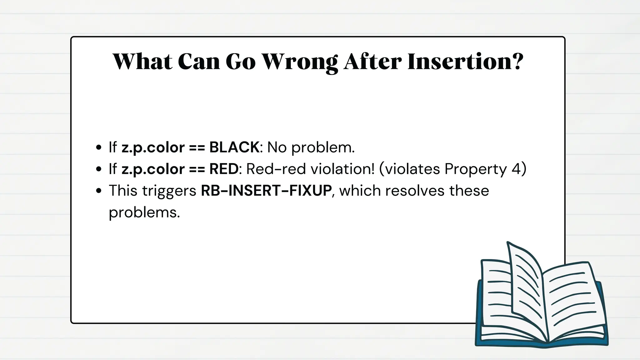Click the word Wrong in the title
pos(299,62)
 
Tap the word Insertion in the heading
pos(459,62)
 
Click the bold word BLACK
pos(234,147)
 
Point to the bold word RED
pos(224,169)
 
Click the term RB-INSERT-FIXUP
pos(266,191)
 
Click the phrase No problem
pos(311,147)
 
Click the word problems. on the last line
pos(144,213)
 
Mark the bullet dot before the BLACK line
pos(99,147)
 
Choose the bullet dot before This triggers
pos(99,191)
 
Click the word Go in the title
pos(240,62)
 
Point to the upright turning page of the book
pos(525,281)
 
